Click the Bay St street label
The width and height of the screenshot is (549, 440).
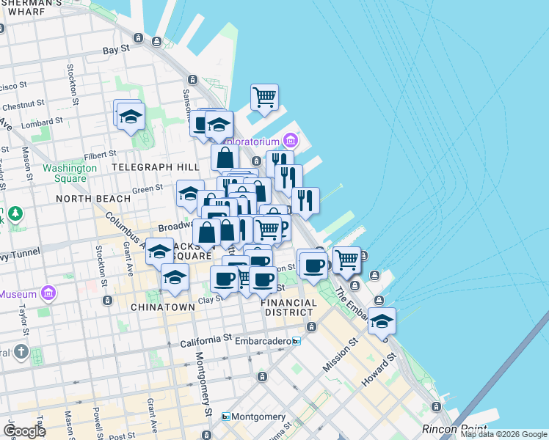click(116, 50)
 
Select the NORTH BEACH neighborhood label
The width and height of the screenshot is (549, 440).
click(93, 198)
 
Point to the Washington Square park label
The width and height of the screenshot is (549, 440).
click(69, 173)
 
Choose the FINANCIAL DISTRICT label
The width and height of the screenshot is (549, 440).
click(289, 307)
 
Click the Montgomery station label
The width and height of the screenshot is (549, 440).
click(253, 417)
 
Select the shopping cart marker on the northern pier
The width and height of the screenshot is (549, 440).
click(263, 97)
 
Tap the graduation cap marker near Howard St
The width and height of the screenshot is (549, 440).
click(381, 321)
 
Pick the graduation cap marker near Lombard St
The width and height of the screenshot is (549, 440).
click(131, 117)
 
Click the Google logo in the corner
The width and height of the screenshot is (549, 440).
click(24, 430)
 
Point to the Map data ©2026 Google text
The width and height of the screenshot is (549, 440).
click(503, 434)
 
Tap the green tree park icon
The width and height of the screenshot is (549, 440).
click(14, 214)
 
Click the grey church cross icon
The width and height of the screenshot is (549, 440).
click(21, 351)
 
